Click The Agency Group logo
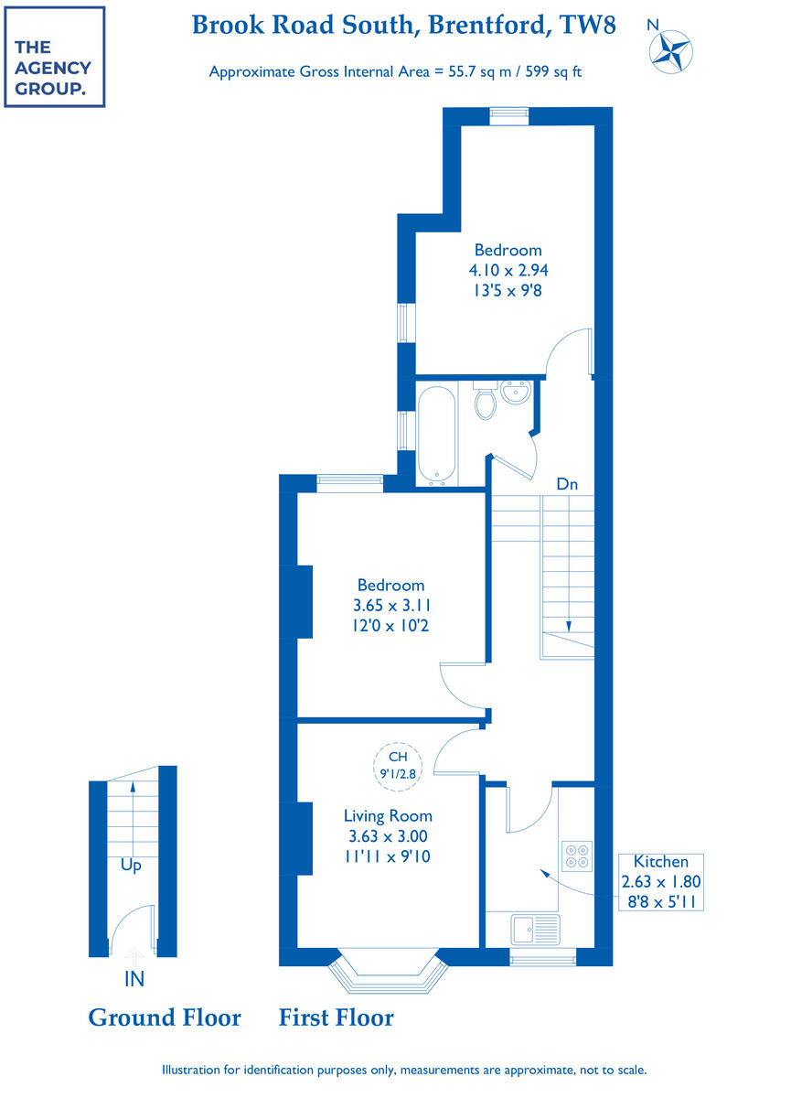pyautogui.click(x=54, y=57)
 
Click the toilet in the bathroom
pyautogui.click(x=486, y=402)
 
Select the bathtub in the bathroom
pyautogui.click(x=434, y=435)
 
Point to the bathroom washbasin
pyautogui.click(x=515, y=394)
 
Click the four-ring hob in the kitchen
pyautogui.click(x=577, y=855)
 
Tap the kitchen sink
pyautogui.click(x=535, y=930)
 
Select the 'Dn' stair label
pyautogui.click(x=568, y=483)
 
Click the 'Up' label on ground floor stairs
pyautogui.click(x=132, y=865)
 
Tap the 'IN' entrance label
pyautogui.click(x=134, y=979)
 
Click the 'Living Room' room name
pyautogui.click(x=388, y=815)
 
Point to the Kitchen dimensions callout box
pyautogui.click(x=661, y=881)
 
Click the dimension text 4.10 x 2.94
pyautogui.click(x=508, y=270)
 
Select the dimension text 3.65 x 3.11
pyautogui.click(x=391, y=605)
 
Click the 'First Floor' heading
pyautogui.click(x=337, y=1017)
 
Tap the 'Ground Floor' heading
pyautogui.click(x=165, y=1017)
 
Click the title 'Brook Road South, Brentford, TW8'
pyautogui.click(x=403, y=25)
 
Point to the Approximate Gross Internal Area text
pyautogui.click(x=395, y=71)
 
